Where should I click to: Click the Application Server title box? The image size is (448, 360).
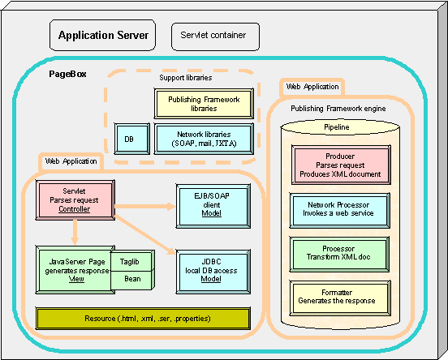click(x=102, y=35)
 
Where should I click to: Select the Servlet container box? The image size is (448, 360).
click(x=215, y=36)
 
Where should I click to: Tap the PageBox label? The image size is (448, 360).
click(x=67, y=74)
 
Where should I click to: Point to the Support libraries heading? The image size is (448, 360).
click(x=186, y=78)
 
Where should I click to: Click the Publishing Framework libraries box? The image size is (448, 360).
click(x=204, y=104)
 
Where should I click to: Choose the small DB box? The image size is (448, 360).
click(x=132, y=139)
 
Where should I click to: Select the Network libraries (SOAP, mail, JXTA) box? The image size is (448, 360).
click(x=204, y=139)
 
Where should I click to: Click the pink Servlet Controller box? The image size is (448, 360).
click(x=75, y=200)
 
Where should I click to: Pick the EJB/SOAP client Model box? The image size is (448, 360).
click(x=213, y=206)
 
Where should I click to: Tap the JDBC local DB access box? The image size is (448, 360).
click(x=213, y=272)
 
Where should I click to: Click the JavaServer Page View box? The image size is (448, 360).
click(x=75, y=270)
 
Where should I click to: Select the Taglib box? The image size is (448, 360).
click(x=132, y=261)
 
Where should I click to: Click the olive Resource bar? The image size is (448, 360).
click(x=143, y=319)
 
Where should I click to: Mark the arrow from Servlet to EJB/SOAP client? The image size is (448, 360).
click(x=144, y=206)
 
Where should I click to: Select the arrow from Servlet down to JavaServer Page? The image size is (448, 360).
click(x=75, y=233)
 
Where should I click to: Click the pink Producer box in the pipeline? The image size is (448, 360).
click(x=341, y=165)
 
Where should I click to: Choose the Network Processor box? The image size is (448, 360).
click(x=340, y=210)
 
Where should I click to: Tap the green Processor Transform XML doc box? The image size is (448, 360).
click(x=339, y=254)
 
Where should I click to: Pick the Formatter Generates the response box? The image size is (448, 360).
click(x=340, y=298)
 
